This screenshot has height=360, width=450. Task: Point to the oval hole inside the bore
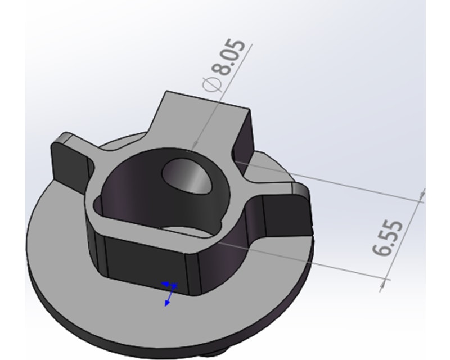[185, 176]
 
